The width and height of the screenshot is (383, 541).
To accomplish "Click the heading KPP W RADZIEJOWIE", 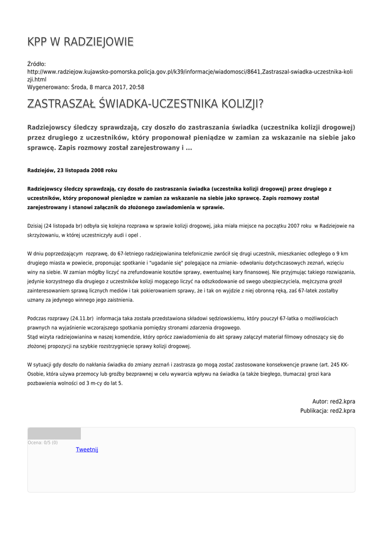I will click(x=80, y=42).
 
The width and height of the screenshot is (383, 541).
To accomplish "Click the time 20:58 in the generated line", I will click(x=136, y=87).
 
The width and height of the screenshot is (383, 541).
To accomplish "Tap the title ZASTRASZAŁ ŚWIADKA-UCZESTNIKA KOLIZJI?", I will click(x=145, y=105).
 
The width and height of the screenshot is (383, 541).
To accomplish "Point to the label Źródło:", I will click(x=36, y=64).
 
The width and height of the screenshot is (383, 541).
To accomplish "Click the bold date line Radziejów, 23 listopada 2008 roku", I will click(x=72, y=171).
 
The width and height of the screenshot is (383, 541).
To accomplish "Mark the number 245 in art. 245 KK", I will click(x=336, y=365).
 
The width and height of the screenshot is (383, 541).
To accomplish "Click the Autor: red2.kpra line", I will click(x=333, y=401).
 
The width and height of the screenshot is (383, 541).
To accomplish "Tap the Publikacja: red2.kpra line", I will click(x=328, y=410).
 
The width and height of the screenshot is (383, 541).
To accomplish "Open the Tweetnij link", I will click(x=87, y=450).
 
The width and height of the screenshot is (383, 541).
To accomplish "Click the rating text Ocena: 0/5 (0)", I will click(x=42, y=443).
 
